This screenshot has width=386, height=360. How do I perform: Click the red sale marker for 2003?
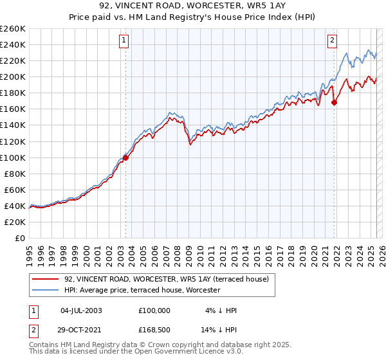point(125,157)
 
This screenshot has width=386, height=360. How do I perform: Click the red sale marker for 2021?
point(335,102)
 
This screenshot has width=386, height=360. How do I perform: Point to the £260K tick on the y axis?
point(13,29)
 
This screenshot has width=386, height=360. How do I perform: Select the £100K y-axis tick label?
point(13,157)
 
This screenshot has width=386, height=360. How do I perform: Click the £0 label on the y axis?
point(20,238)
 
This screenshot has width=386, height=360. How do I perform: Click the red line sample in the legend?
point(46,278)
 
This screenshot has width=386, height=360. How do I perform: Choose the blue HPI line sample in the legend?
point(46,290)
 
